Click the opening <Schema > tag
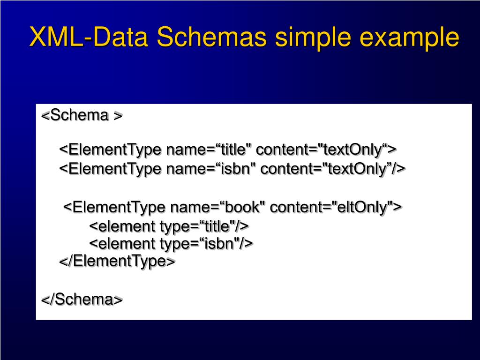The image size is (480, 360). [x=82, y=115]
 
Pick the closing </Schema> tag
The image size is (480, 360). [x=82, y=300]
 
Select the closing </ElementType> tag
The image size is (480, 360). [x=117, y=261]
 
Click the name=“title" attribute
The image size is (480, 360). [x=209, y=150]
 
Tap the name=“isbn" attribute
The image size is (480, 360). [x=211, y=169]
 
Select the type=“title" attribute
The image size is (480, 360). [x=197, y=226]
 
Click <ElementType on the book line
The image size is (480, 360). [x=114, y=207]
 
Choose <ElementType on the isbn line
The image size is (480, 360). [x=110, y=169]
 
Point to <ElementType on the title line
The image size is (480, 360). [x=110, y=150]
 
